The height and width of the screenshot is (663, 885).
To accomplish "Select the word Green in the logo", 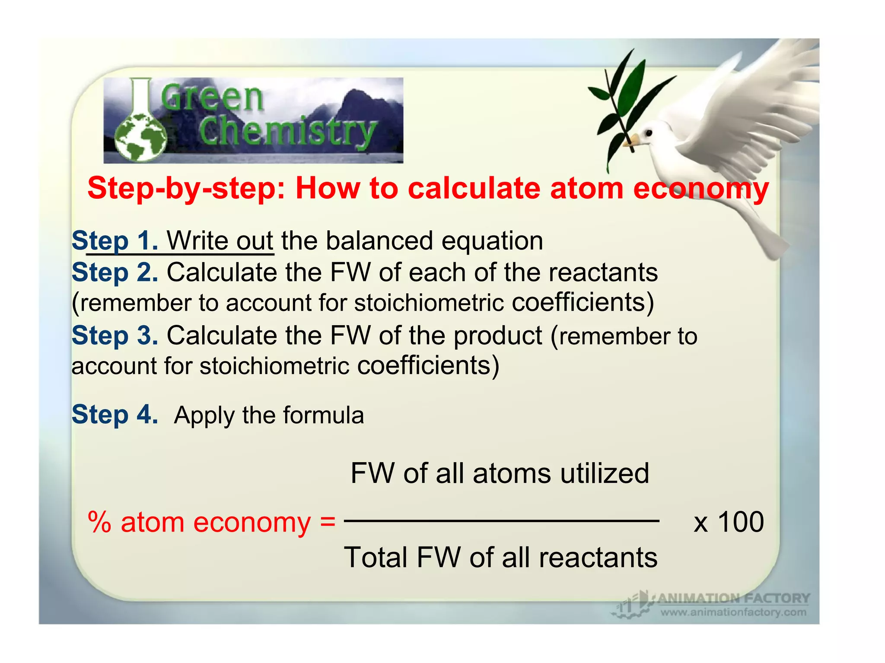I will tap(212, 97).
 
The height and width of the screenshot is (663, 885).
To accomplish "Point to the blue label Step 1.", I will tap(115, 241).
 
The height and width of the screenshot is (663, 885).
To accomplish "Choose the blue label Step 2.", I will tap(115, 273).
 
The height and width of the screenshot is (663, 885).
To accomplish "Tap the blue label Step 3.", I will tap(115, 335).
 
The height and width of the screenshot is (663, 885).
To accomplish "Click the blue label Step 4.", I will tap(115, 414).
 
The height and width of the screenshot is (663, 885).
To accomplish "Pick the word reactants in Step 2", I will tap(602, 273).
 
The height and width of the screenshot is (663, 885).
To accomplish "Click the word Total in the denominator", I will tap(376, 557).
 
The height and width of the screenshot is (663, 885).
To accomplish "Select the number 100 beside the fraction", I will tap(741, 522).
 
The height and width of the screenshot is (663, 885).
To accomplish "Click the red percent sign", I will tap(100, 522).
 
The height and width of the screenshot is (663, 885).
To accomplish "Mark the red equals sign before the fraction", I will tap(328, 522).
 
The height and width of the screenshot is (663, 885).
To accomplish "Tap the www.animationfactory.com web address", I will tap(733, 612).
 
